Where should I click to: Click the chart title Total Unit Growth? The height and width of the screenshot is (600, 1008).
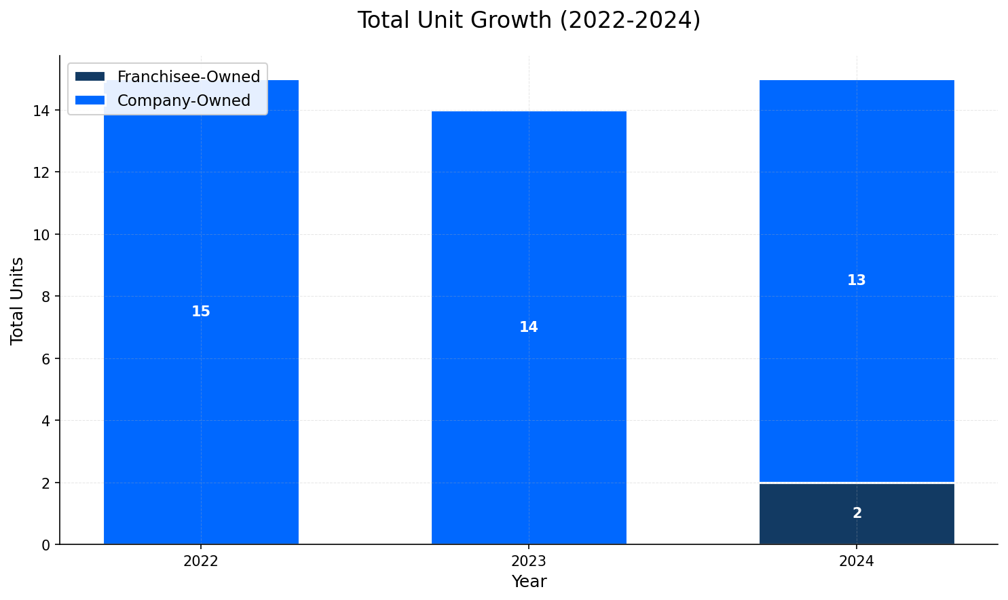529,20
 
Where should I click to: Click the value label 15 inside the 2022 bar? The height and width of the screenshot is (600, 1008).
201,312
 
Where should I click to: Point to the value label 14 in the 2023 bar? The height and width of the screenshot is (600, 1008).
529,327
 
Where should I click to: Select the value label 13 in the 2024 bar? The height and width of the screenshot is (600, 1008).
857,280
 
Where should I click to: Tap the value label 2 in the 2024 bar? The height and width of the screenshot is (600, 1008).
857,514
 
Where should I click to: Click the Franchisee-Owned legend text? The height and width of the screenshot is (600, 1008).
189,77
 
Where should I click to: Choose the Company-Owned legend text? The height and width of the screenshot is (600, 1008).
184,100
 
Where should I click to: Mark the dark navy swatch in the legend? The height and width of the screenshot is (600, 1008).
90,77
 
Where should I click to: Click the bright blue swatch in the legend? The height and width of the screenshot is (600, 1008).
90,100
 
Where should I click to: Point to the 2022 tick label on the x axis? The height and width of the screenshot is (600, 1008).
201,561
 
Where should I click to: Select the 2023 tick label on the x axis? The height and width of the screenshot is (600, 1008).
529,561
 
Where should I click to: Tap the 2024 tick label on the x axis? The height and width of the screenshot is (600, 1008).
857,561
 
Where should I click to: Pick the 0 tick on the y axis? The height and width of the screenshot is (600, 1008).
46,545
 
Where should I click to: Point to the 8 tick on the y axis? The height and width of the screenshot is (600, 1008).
46,297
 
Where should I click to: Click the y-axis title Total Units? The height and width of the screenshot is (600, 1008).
18,300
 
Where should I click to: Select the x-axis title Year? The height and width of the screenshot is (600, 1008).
529,582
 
